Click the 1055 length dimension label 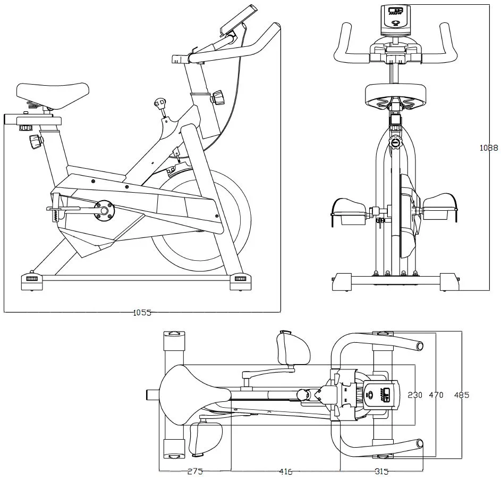(142, 313)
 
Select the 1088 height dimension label (489, 148)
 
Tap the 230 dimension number (415, 395)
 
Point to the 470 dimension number (436, 395)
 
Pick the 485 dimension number (461, 395)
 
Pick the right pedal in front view (440, 209)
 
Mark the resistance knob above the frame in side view (159, 103)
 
